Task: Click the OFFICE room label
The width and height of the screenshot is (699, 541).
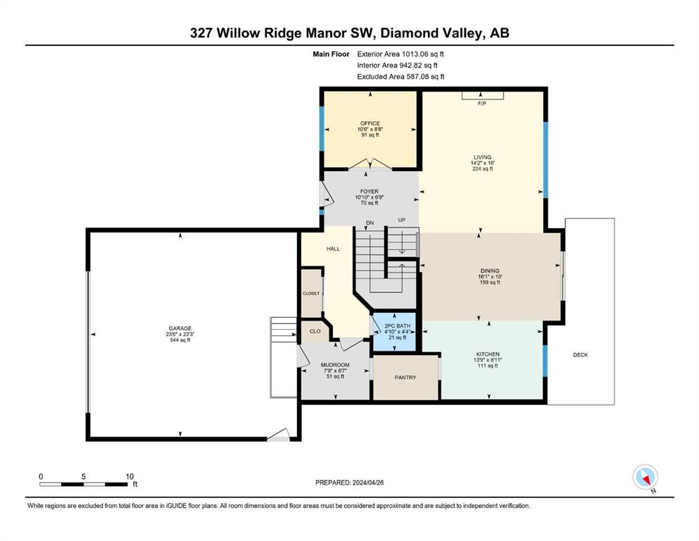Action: point(370,123)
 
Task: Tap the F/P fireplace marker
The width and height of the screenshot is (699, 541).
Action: point(482,104)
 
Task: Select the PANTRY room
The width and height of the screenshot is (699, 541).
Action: point(405,378)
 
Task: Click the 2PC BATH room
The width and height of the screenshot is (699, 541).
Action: point(394,332)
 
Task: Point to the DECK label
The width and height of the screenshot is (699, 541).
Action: point(581,355)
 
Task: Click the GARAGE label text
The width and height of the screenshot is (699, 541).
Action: point(180,328)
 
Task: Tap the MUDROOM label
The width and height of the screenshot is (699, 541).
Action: point(335,365)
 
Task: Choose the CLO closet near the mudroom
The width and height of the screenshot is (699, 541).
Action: point(315,331)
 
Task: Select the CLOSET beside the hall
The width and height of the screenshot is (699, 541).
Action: point(311,293)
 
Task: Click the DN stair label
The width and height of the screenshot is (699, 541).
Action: point(370,223)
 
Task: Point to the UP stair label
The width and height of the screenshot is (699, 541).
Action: point(402,220)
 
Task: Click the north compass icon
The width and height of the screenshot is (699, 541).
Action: point(645,478)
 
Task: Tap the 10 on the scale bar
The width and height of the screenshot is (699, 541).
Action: point(130,476)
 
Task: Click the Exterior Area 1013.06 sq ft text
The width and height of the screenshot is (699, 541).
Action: point(401,54)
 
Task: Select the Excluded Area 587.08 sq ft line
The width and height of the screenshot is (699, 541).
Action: point(401,76)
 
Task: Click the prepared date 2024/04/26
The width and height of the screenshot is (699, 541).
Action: point(367,483)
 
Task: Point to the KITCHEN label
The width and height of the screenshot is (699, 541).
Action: point(487,354)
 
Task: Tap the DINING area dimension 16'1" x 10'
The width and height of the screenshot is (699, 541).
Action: point(490,277)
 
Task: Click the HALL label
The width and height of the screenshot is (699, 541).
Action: point(333,249)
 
